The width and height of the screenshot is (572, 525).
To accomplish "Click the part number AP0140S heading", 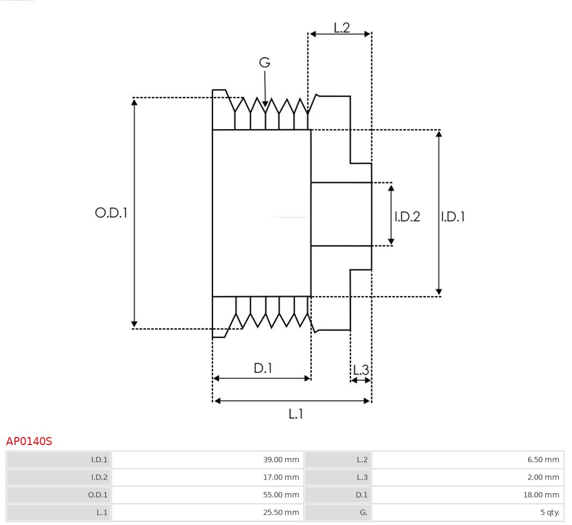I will [29, 441].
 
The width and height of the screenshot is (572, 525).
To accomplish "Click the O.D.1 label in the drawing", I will [111, 213].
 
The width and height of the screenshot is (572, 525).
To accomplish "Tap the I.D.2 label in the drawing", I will [407, 217].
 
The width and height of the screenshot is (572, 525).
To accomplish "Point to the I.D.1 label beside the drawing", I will [453, 217].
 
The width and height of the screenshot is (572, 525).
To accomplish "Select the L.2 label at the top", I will [341, 28].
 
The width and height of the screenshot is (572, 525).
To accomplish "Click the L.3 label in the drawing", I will [361, 370].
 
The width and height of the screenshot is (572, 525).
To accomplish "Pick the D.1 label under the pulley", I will [263, 368].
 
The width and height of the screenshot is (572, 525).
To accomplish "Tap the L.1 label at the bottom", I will [296, 414].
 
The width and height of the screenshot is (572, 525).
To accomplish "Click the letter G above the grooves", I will [265, 63].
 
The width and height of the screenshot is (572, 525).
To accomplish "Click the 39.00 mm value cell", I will [207, 460].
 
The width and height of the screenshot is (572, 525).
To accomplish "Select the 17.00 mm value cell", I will [207, 477].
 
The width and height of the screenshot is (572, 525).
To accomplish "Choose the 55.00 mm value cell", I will [207, 495].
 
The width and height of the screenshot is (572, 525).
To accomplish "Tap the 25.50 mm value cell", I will [207, 513].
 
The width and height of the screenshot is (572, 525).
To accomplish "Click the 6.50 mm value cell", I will [467, 460].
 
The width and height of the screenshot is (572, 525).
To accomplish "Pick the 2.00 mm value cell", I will [467, 477].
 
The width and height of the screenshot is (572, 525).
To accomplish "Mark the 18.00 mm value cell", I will [467, 495].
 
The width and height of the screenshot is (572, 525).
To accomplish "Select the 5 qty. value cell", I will [467, 513].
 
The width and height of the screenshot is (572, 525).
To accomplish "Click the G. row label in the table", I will [338, 513].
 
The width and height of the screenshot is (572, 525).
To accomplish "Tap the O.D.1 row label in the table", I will [59, 495].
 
